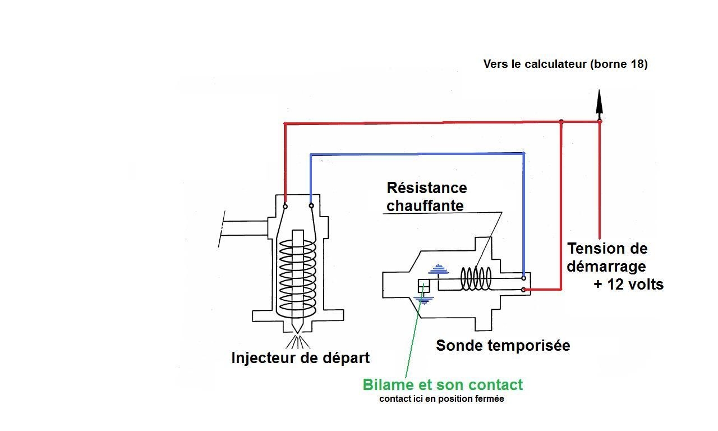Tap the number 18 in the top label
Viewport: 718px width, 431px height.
coord(637,64)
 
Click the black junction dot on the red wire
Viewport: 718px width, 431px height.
coord(561,121)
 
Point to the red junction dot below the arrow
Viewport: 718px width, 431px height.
coord(599,121)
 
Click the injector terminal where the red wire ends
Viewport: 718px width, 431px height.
coord(285,206)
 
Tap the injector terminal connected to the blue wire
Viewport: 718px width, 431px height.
coord(311,206)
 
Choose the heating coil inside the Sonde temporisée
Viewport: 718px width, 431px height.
coord(476,278)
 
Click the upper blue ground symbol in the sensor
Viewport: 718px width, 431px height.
coord(438,270)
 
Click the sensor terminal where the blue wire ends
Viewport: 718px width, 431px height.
coord(523,278)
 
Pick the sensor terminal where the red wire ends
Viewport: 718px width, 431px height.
coord(523,290)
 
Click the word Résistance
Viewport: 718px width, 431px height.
coord(426,187)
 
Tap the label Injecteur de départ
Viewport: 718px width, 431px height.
coord(301,357)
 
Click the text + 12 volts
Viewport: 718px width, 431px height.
coord(628,285)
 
